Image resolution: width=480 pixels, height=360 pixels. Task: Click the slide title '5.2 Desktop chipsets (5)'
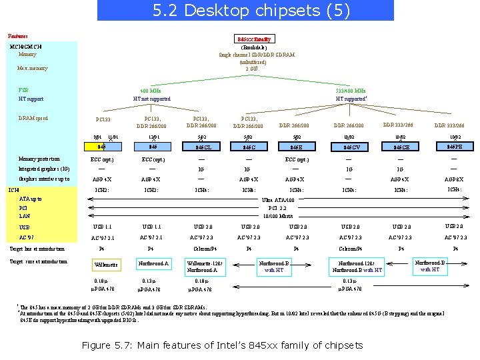click(x=245, y=10)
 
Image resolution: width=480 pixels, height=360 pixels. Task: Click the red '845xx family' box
click(x=253, y=39)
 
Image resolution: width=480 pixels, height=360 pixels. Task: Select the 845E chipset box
click(x=296, y=147)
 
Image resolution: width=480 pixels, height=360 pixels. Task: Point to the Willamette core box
click(x=106, y=265)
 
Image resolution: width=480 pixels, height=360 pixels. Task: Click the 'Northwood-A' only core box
click(x=153, y=263)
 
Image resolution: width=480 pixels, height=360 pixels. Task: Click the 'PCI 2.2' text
click(x=277, y=208)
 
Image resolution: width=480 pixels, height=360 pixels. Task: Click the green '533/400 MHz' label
click(x=350, y=91)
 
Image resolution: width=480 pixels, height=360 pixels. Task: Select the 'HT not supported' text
click(x=151, y=99)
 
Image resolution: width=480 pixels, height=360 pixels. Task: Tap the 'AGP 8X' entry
click(x=455, y=179)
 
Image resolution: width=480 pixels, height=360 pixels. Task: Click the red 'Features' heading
click(x=18, y=35)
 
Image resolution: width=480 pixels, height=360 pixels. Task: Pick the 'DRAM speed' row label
click(x=33, y=119)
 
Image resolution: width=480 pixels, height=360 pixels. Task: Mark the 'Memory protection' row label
click(x=39, y=159)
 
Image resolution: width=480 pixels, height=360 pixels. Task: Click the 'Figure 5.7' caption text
click(x=222, y=345)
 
